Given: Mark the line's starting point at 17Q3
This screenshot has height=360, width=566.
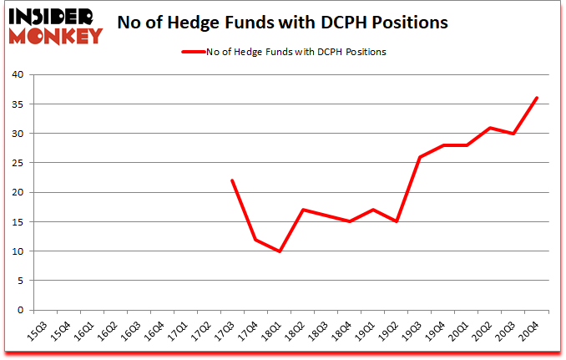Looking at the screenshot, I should click(232, 180).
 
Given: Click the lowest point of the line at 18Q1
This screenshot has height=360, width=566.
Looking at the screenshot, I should click(279, 251).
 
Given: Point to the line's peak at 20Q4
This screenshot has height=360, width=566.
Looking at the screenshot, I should click(537, 98).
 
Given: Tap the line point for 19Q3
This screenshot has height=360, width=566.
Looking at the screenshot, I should click(420, 157).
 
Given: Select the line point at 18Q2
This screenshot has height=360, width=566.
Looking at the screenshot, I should click(302, 210).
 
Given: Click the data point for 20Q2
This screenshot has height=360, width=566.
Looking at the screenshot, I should click(490, 128).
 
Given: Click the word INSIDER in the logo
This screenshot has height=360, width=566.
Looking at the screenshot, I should click(53, 16).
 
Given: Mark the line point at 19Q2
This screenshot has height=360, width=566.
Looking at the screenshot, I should click(397, 221).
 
